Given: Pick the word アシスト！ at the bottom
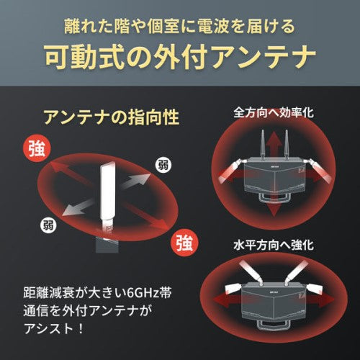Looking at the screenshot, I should click(x=56, y=331).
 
